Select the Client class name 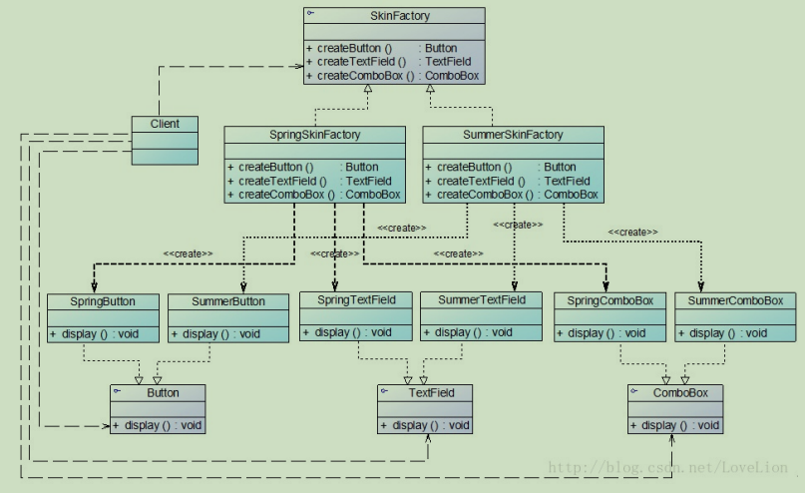(x=166, y=125)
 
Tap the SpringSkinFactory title (x=314, y=135)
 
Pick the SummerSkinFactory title (x=513, y=135)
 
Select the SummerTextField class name (x=481, y=300)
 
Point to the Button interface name (x=163, y=393)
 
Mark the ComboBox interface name (x=682, y=393)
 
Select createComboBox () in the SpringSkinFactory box (x=278, y=195)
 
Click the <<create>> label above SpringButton (x=188, y=253)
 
